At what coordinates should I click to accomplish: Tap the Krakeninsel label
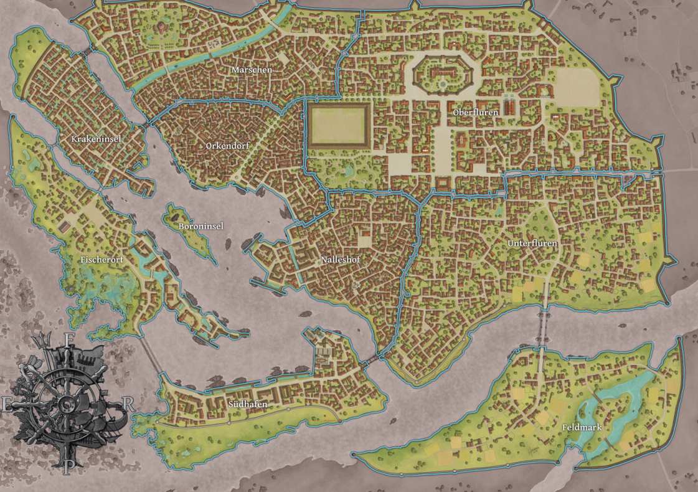(96, 139)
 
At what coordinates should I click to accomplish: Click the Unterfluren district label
(532, 243)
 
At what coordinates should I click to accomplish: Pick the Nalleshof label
(341, 259)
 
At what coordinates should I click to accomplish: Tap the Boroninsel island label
(200, 227)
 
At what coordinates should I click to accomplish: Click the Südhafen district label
(248, 405)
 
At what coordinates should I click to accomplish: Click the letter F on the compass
(71, 339)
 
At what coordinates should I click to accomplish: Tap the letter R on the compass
(128, 403)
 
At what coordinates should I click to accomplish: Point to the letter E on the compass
(7, 405)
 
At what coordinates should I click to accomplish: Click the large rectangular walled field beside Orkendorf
(337, 125)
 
